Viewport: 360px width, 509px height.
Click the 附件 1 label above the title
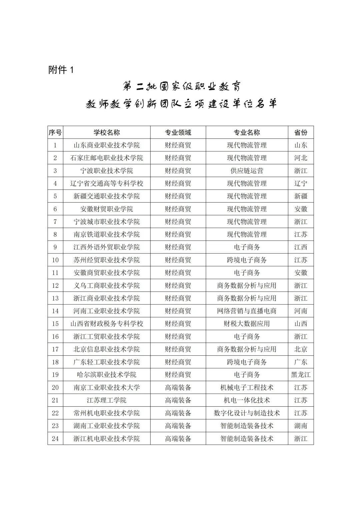tap(61, 70)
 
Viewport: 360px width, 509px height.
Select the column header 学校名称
tap(107, 133)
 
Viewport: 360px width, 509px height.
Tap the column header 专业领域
tap(178, 133)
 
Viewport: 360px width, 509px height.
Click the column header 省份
tap(301, 133)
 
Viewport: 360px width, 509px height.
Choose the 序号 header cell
tap(55, 133)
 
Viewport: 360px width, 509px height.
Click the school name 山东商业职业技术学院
tap(107, 145)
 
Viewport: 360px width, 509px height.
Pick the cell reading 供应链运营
tap(247, 171)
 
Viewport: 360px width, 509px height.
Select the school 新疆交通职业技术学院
tap(107, 196)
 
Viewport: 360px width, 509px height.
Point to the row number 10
tap(55, 260)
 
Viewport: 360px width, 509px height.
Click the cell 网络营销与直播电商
tap(247, 311)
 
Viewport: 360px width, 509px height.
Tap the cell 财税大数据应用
tap(247, 324)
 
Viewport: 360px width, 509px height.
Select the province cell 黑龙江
tap(301, 375)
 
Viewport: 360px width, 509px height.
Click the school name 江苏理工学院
tap(107, 400)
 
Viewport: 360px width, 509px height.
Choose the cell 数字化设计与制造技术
tap(247, 413)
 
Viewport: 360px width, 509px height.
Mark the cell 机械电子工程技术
tap(247, 388)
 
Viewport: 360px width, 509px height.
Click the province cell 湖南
tap(301, 426)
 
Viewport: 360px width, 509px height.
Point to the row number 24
tap(55, 439)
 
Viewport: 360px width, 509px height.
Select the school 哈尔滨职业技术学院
tap(107, 375)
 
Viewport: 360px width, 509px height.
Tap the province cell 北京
tap(301, 349)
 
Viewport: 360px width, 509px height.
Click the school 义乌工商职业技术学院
tap(107, 286)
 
